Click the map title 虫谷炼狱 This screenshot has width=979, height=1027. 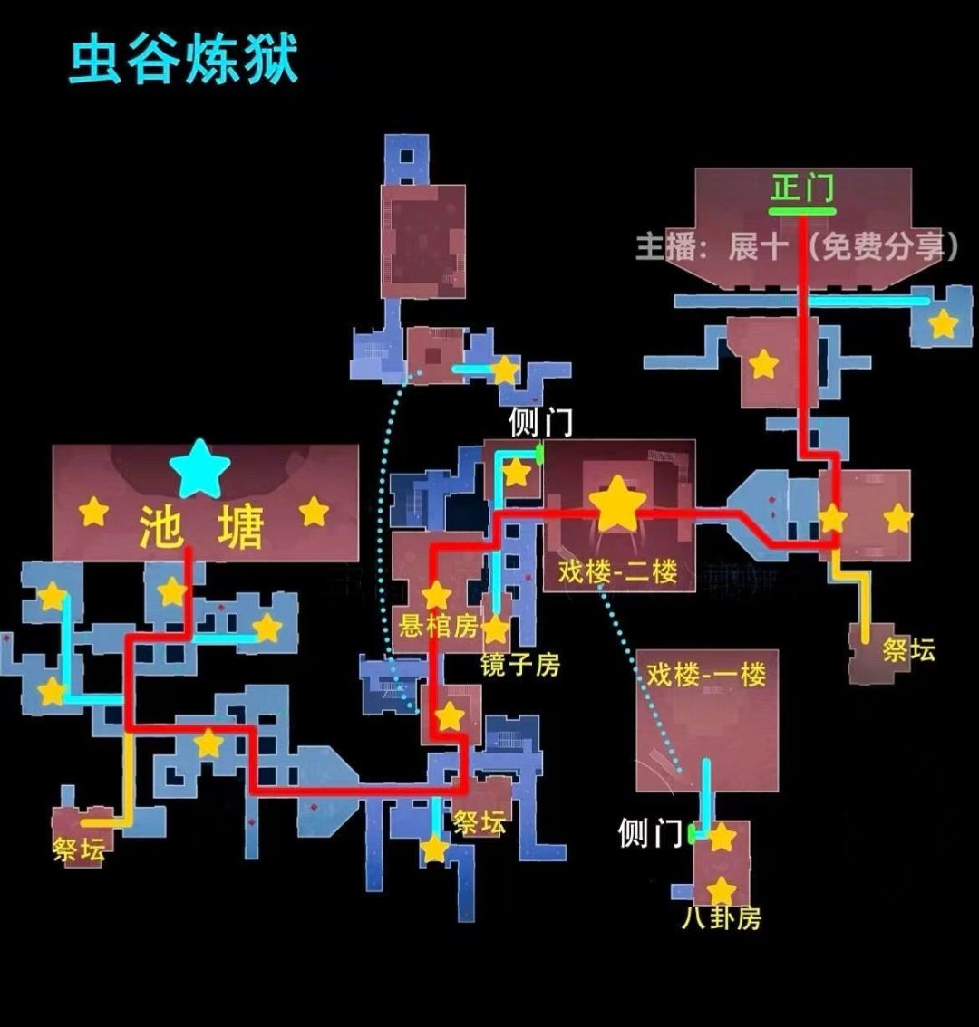click(184, 61)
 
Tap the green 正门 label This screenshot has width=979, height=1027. click(802, 188)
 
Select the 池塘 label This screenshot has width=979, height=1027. click(201, 526)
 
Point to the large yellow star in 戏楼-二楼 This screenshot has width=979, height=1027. click(617, 503)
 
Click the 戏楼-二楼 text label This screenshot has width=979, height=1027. click(617, 571)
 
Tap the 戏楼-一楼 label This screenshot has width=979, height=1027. click(706, 674)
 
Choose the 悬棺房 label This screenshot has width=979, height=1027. click(439, 626)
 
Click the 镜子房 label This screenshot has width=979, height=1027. click(520, 665)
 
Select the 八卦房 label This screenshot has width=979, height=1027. click(722, 918)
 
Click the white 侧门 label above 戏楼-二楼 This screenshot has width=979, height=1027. click(540, 422)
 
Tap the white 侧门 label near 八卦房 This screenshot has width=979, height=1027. click(650, 833)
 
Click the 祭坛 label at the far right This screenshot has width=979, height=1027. click(909, 650)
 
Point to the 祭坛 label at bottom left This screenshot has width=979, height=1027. click(79, 850)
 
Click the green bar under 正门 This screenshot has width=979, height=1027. click(802, 212)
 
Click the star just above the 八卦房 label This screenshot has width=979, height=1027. click(722, 891)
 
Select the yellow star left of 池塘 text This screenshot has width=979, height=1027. click(93, 512)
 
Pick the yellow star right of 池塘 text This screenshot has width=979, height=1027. click(314, 512)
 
